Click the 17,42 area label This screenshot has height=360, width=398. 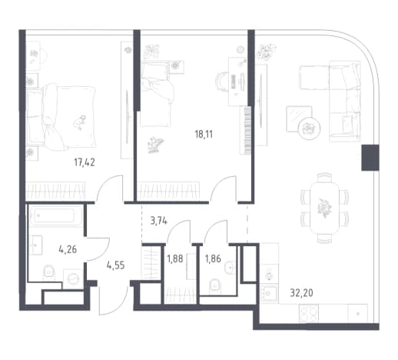(85, 162)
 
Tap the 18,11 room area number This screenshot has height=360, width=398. (204, 134)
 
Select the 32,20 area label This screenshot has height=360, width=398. (301, 292)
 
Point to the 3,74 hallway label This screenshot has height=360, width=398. (159, 221)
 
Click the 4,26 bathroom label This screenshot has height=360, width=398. (68, 249)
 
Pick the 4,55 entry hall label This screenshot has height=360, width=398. (116, 265)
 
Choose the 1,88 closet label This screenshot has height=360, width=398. (175, 259)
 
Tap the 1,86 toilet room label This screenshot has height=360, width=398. (213, 259)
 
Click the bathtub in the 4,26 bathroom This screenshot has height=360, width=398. (56, 216)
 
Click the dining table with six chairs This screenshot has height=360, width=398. (324, 208)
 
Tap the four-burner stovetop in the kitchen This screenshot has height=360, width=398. (309, 313)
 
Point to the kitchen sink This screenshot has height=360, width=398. (269, 293)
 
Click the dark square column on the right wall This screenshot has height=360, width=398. (370, 158)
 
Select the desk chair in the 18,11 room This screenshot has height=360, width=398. (221, 82)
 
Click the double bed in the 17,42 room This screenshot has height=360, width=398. (61, 117)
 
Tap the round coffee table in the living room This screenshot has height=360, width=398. (310, 128)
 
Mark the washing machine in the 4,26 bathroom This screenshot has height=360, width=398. (73, 279)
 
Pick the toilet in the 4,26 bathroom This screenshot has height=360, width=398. (48, 272)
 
